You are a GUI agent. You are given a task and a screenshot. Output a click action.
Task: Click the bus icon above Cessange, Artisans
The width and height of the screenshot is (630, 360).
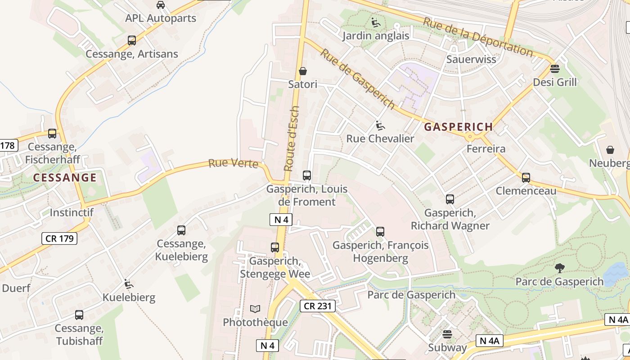(x=131, y=40)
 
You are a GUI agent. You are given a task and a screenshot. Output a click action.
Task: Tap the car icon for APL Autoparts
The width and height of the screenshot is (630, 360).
(x=160, y=5)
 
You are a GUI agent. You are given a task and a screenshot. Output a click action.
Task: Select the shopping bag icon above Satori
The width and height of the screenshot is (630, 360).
(x=303, y=71)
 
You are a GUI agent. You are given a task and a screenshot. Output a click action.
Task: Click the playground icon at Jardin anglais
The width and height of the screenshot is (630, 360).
(x=376, y=22)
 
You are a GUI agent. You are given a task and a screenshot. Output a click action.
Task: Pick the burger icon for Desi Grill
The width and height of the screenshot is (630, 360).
(x=554, y=69)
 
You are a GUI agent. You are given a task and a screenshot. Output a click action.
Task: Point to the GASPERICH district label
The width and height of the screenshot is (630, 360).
(x=458, y=127)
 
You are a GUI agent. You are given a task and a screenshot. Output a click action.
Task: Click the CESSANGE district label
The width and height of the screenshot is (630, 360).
(x=65, y=178)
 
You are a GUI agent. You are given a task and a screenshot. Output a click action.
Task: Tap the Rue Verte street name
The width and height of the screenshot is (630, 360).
(x=233, y=163)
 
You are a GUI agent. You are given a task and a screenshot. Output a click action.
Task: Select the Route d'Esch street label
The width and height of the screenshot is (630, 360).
(x=292, y=139)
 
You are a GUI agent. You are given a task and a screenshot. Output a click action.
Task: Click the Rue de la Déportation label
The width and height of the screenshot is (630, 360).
(x=478, y=36)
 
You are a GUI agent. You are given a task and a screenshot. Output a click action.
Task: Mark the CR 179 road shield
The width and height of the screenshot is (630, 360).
(x=60, y=238)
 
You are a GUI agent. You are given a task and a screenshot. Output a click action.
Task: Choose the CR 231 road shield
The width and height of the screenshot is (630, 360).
(x=318, y=306)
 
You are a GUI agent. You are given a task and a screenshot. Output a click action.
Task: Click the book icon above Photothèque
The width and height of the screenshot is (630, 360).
(x=255, y=309)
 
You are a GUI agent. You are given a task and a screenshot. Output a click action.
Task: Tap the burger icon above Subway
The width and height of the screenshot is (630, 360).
(x=447, y=334)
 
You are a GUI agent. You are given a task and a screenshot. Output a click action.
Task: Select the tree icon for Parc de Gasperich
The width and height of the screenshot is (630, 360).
(x=559, y=268)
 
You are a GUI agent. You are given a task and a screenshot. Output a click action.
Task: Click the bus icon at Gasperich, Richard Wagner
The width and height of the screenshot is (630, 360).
(x=450, y=199)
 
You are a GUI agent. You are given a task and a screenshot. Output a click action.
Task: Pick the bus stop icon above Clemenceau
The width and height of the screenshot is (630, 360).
(x=526, y=177)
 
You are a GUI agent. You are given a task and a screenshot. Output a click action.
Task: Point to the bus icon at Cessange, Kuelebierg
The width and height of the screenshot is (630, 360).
(x=181, y=230)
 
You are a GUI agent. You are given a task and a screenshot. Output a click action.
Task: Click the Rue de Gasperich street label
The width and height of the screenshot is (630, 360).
(x=358, y=79)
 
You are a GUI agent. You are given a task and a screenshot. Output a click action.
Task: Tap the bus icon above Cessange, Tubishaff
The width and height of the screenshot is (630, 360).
(x=79, y=315)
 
